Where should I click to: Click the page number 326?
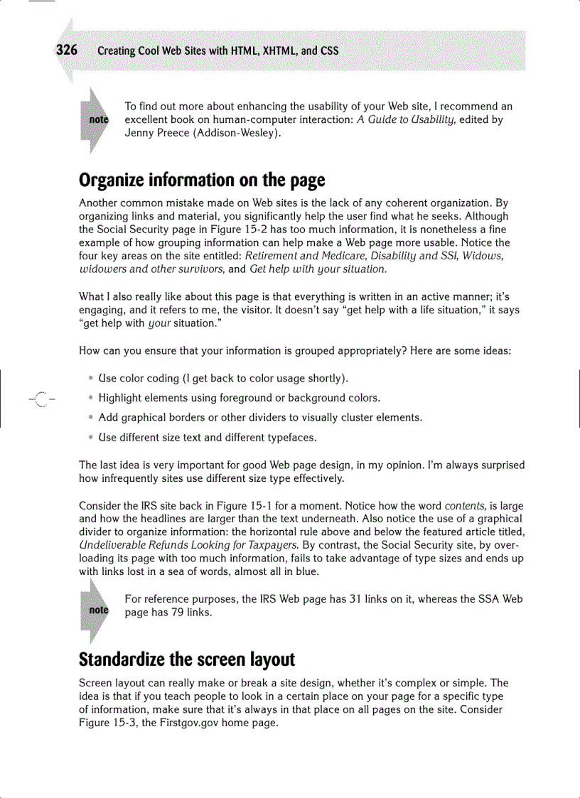pyautogui.click(x=66, y=50)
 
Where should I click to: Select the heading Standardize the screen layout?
pyautogui.click(x=186, y=659)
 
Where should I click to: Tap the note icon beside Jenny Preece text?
pyautogui.click(x=97, y=120)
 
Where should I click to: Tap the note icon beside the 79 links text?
pyautogui.click(x=97, y=610)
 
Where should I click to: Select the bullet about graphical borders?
pyautogui.click(x=260, y=417)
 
